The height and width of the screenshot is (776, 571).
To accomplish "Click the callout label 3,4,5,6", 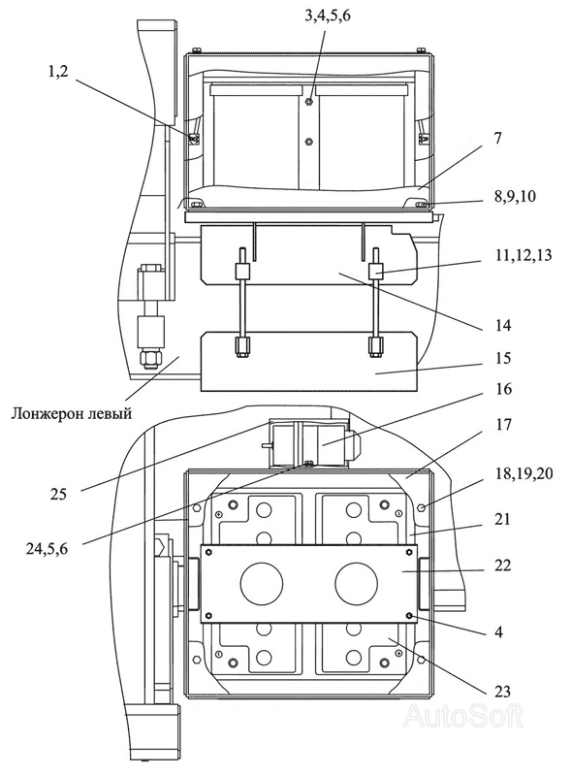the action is click(x=327, y=16).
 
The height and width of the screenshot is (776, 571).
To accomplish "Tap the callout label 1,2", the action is click(x=58, y=72).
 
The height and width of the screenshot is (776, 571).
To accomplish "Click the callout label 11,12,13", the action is click(x=515, y=256).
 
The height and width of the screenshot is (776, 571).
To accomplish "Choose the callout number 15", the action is click(x=502, y=357).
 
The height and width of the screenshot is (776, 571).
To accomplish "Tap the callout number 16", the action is click(x=502, y=389).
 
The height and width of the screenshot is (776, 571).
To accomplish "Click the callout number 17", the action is click(x=503, y=424).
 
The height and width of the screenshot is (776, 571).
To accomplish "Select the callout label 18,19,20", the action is click(x=523, y=473).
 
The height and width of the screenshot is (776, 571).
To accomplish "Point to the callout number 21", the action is click(x=502, y=519).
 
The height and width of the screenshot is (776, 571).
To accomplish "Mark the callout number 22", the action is click(x=502, y=565).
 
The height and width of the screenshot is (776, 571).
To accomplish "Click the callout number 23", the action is click(x=502, y=691).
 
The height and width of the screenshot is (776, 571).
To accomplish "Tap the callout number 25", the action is click(x=58, y=494).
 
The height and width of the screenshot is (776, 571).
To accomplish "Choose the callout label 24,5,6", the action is click(x=46, y=548).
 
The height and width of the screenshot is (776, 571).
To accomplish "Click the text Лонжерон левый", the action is click(x=72, y=413).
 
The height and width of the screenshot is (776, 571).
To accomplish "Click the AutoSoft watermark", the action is click(x=463, y=716).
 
